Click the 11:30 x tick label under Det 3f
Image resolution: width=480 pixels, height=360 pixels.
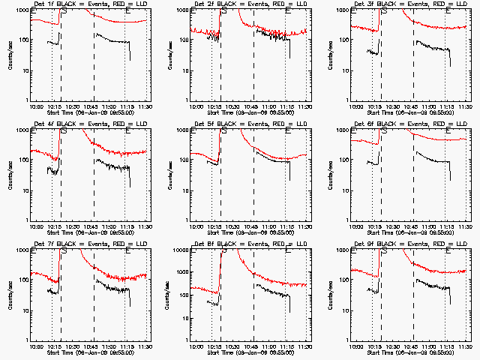click(464, 107)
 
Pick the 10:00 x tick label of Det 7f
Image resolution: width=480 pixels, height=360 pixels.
click(36, 347)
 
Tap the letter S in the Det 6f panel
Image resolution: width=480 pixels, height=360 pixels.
click(385, 132)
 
